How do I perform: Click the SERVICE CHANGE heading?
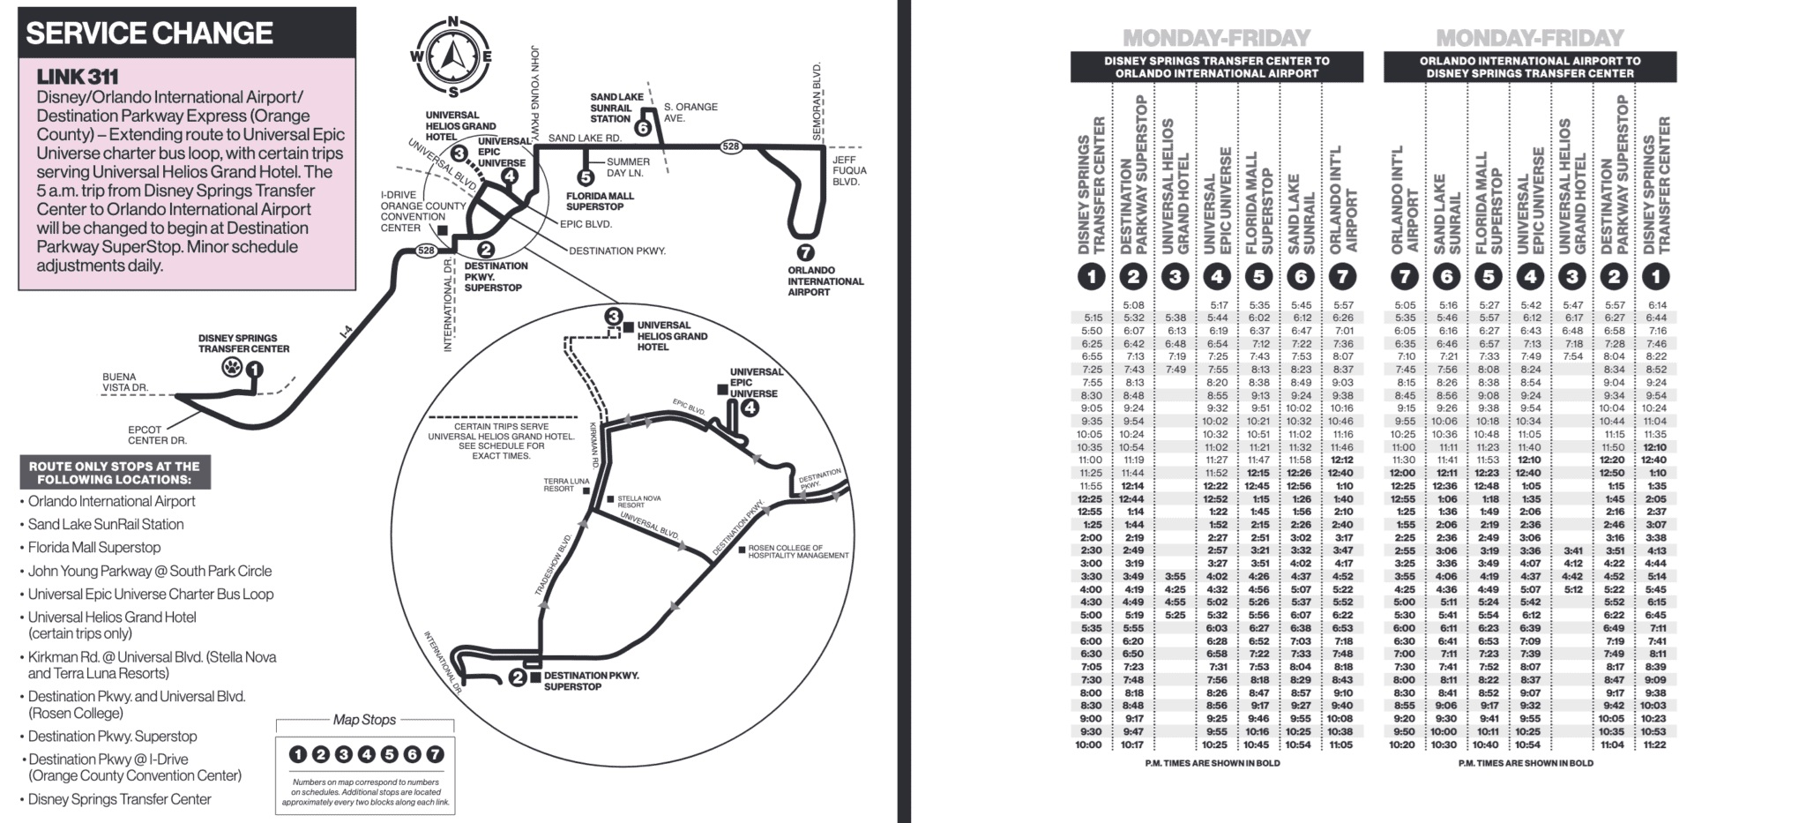(x=150, y=34)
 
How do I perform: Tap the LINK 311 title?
(x=78, y=78)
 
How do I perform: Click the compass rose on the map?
(x=451, y=56)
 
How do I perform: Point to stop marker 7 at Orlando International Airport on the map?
(x=805, y=252)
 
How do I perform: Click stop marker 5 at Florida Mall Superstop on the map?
(x=586, y=177)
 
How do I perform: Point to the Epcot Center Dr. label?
(x=157, y=435)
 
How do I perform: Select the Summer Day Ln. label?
(x=628, y=167)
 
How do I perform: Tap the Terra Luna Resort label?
(x=566, y=484)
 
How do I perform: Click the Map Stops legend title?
(x=364, y=720)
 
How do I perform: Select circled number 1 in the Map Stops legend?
(x=298, y=754)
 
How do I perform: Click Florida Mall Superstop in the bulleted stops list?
(x=94, y=547)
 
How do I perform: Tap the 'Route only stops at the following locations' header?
(x=115, y=473)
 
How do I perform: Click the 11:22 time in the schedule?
(x=1654, y=744)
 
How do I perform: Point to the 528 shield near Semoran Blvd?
(x=730, y=146)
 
